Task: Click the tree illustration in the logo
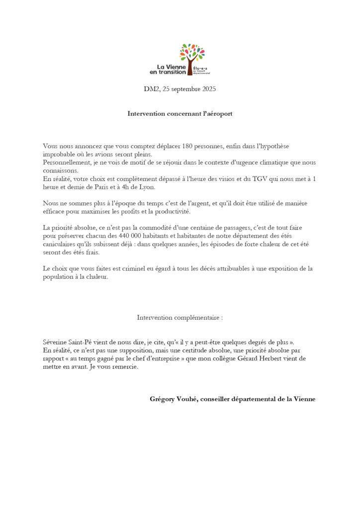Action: coord(191,56)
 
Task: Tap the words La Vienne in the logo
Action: coord(171,67)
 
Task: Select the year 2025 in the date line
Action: coord(207,89)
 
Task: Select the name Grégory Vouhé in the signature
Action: coord(173,399)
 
